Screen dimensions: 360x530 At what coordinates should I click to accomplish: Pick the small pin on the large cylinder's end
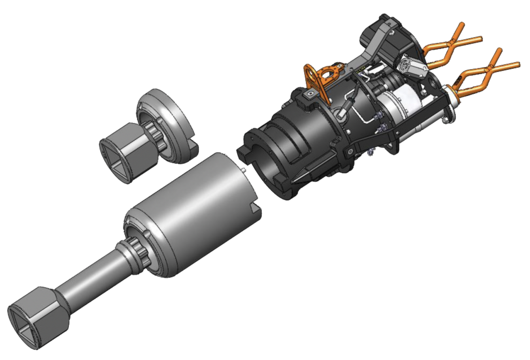tap(243, 168)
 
